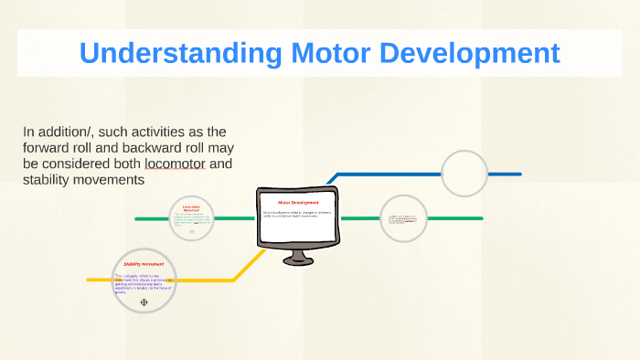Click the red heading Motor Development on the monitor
pyautogui.click(x=298, y=201)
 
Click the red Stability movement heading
pyautogui.click(x=144, y=264)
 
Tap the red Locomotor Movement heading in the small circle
pyautogui.click(x=191, y=208)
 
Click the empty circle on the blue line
pyautogui.click(x=464, y=173)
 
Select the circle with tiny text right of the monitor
pyautogui.click(x=403, y=218)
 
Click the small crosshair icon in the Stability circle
pyautogui.click(x=144, y=302)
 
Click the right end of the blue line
pyautogui.click(x=518, y=174)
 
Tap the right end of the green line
pyautogui.click(x=480, y=219)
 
